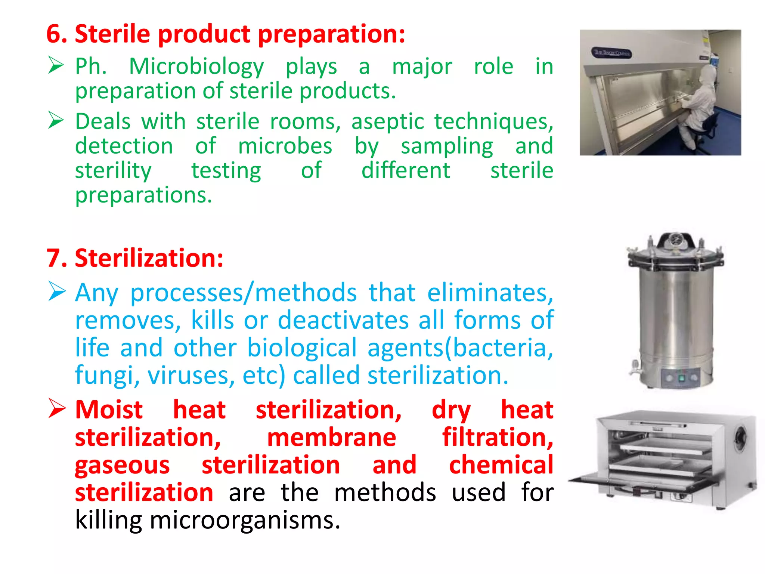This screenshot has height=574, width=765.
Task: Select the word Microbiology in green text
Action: coord(196,67)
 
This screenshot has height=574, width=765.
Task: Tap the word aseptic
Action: coord(387,122)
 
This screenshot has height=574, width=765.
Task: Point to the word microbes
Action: coord(285,146)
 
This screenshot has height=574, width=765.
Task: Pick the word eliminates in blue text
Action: coord(490,293)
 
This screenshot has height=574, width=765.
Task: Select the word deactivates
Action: coord(343,320)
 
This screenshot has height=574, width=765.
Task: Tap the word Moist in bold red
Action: coord(109,410)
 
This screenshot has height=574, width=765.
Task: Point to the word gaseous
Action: coord(122,466)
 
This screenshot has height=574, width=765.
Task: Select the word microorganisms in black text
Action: coord(245,520)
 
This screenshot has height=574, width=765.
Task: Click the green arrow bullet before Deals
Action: coord(56,121)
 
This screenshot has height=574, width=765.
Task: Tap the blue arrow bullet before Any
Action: coord(57,291)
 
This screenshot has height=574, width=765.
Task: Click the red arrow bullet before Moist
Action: coord(57,408)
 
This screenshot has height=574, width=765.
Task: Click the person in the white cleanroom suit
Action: coord(699,105)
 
